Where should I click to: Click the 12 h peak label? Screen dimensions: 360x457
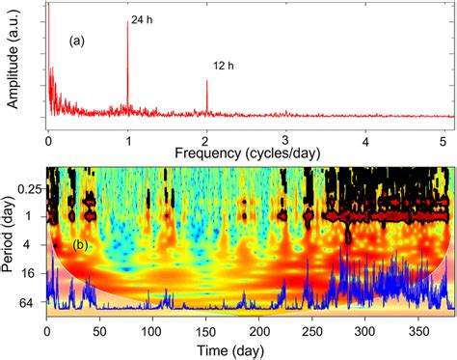click(x=223, y=67)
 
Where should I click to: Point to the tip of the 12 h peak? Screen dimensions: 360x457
click(x=206, y=80)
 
